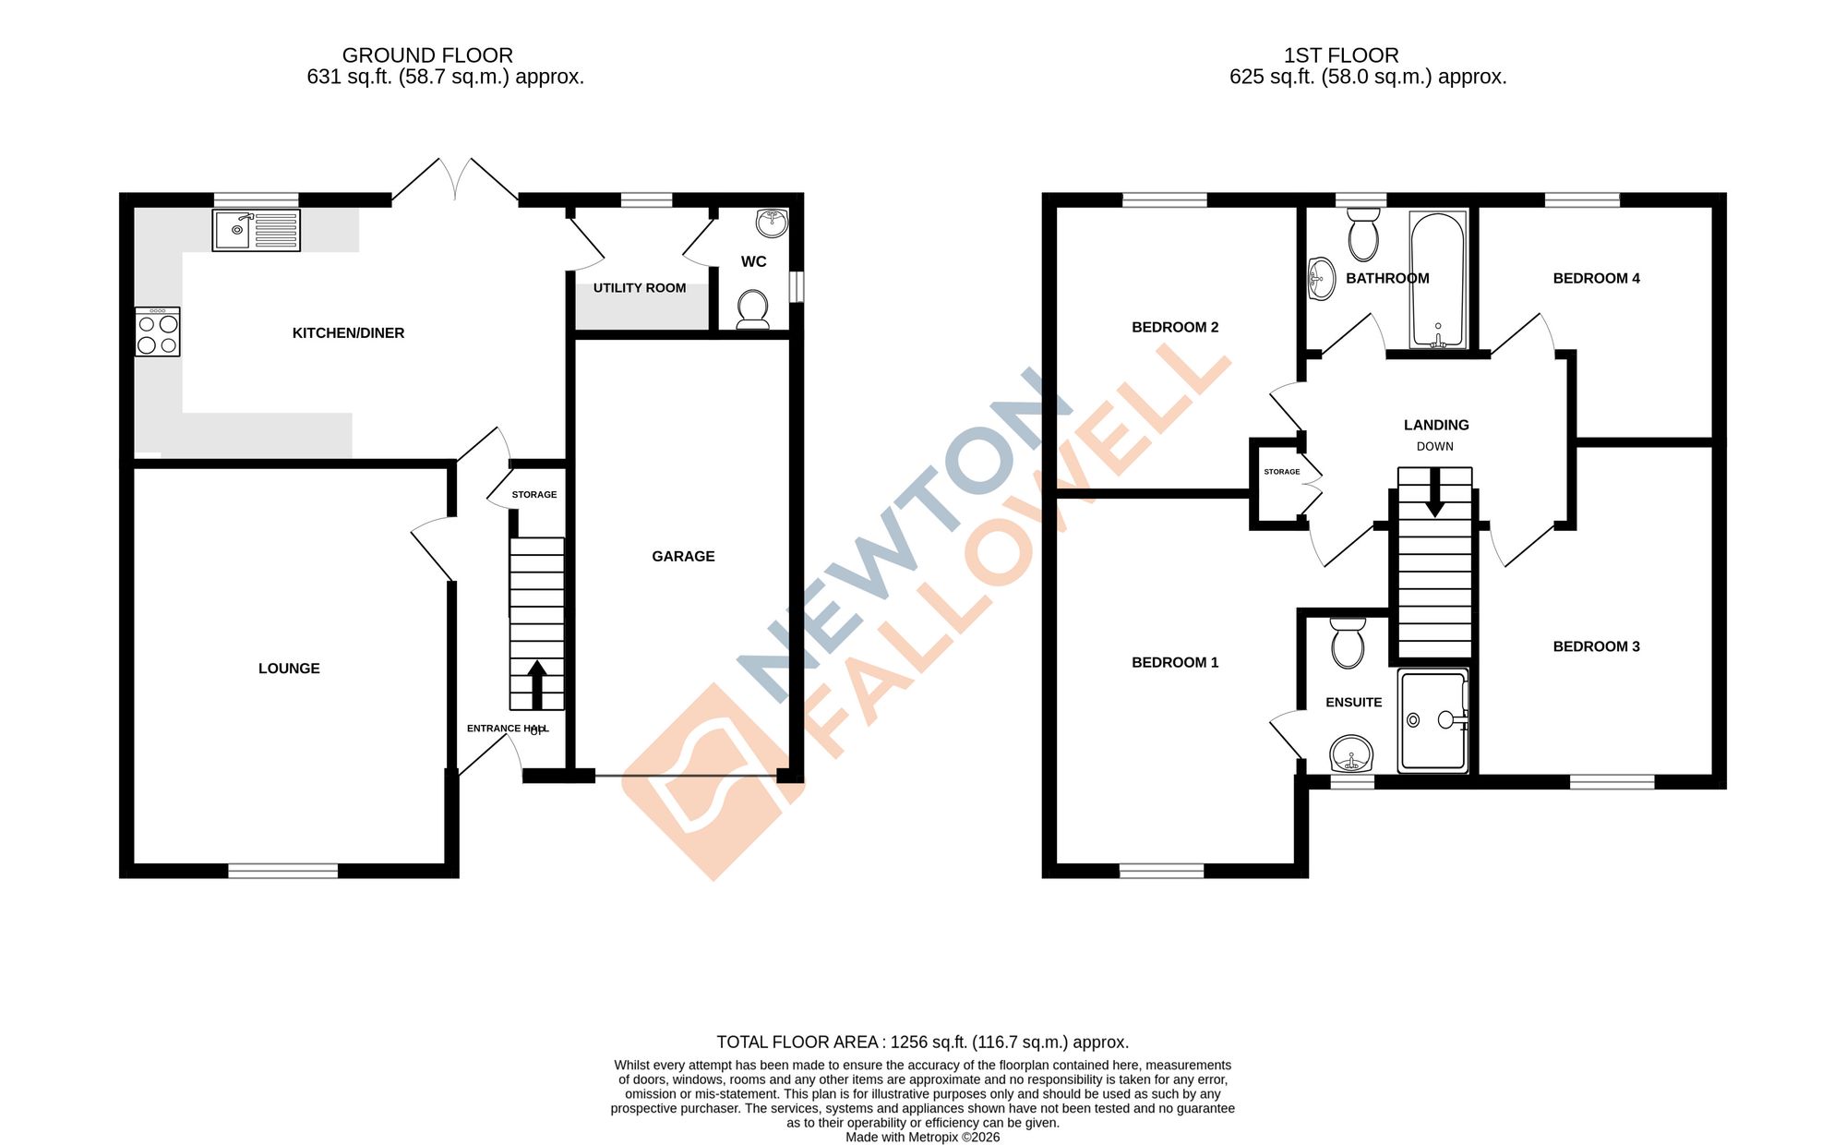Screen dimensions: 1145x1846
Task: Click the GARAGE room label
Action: (x=683, y=556)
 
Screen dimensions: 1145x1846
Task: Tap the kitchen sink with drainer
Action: (x=256, y=230)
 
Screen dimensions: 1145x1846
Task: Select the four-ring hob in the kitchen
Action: (x=158, y=332)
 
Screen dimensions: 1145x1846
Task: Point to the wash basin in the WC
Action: (x=772, y=223)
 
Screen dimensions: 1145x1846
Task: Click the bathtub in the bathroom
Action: (x=1437, y=280)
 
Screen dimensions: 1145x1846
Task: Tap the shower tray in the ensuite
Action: (x=1432, y=720)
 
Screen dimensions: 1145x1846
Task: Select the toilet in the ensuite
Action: (x=1349, y=642)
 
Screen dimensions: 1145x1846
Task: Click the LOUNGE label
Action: (x=289, y=669)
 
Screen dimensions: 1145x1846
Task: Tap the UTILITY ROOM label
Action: (x=640, y=288)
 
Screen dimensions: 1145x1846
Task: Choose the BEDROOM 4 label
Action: (x=1596, y=278)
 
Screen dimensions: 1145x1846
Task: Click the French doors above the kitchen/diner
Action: (x=455, y=180)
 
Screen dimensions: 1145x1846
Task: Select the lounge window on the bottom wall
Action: (x=283, y=870)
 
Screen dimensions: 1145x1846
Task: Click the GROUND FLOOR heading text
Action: (x=427, y=55)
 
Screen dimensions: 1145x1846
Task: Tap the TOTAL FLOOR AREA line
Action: (x=923, y=1042)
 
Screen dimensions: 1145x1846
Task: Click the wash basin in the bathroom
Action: (x=1322, y=278)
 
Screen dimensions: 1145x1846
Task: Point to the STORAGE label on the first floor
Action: (x=1281, y=472)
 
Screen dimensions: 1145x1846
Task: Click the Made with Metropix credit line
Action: (x=923, y=1138)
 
